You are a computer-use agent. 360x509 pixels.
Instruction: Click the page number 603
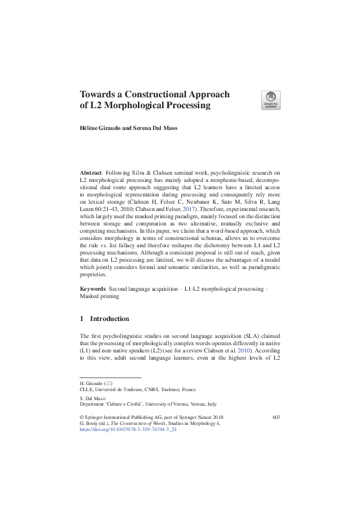[276, 417]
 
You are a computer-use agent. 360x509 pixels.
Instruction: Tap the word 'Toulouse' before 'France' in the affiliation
[169, 391]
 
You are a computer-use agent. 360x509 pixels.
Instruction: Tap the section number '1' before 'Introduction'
[82, 319]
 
